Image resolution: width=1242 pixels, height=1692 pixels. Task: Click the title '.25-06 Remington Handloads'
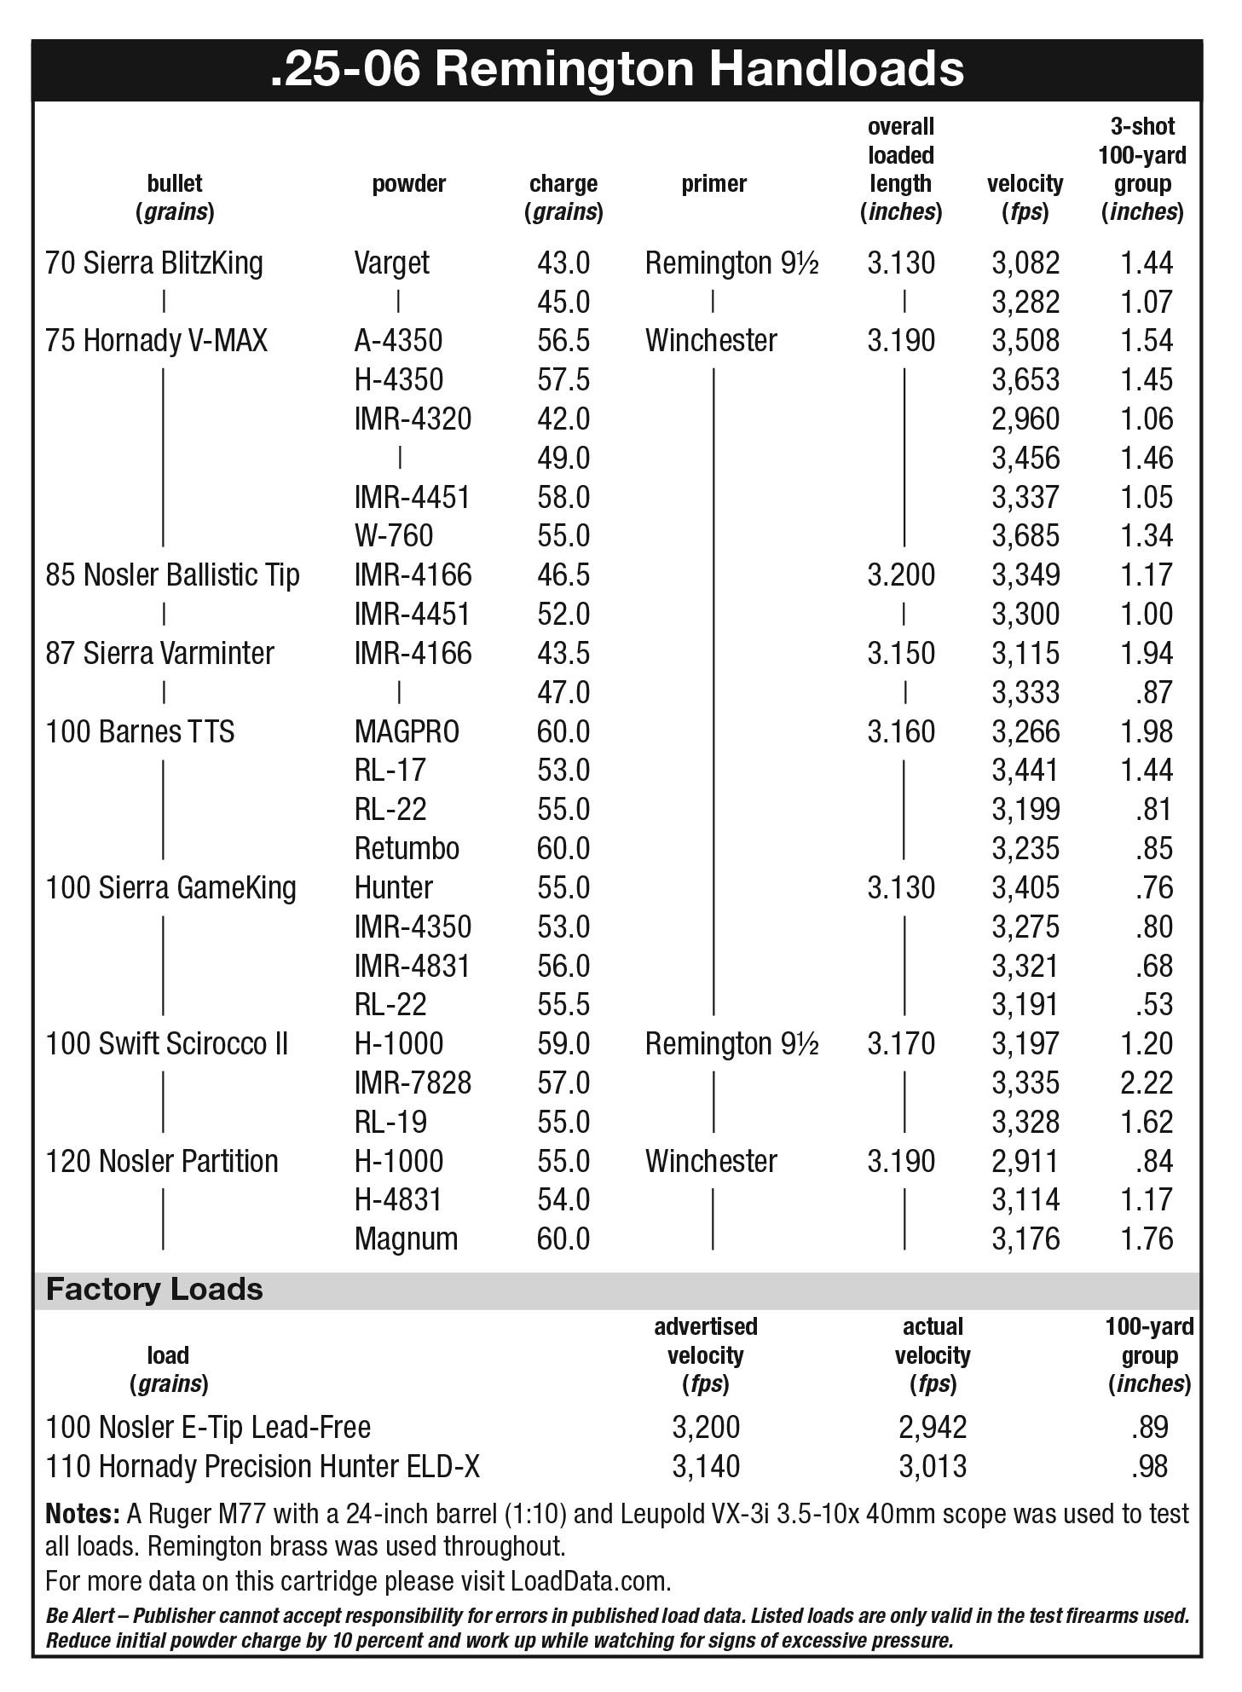point(617,69)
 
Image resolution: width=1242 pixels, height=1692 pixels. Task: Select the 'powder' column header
point(408,183)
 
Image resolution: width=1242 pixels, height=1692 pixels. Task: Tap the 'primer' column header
point(713,183)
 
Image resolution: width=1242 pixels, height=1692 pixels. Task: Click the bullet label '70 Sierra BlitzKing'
point(154,263)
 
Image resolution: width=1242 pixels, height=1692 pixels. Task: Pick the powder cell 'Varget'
point(392,263)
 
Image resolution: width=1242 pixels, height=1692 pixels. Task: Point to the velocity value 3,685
point(1025,535)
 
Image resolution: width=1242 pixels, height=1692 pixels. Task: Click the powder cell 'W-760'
point(394,535)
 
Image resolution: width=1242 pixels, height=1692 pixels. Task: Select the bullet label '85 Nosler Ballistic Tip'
point(172,575)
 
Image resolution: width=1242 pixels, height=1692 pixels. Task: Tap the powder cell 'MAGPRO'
point(407,731)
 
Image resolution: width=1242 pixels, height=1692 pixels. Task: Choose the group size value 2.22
point(1147,1083)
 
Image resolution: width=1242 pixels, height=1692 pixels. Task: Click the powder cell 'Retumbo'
point(407,848)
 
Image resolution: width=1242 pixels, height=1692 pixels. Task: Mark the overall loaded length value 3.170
point(901,1043)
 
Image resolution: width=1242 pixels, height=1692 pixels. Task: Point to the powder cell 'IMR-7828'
point(413,1083)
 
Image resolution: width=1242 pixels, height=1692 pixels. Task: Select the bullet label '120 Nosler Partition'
point(162,1161)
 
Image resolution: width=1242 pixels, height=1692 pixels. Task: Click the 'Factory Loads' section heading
point(154,1289)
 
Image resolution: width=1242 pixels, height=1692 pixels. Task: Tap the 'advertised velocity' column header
point(706,1354)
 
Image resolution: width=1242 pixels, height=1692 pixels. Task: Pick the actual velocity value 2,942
point(933,1427)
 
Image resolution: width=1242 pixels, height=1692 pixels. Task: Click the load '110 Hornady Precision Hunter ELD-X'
point(263,1466)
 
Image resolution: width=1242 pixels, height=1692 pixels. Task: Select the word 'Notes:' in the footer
point(82,1514)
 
